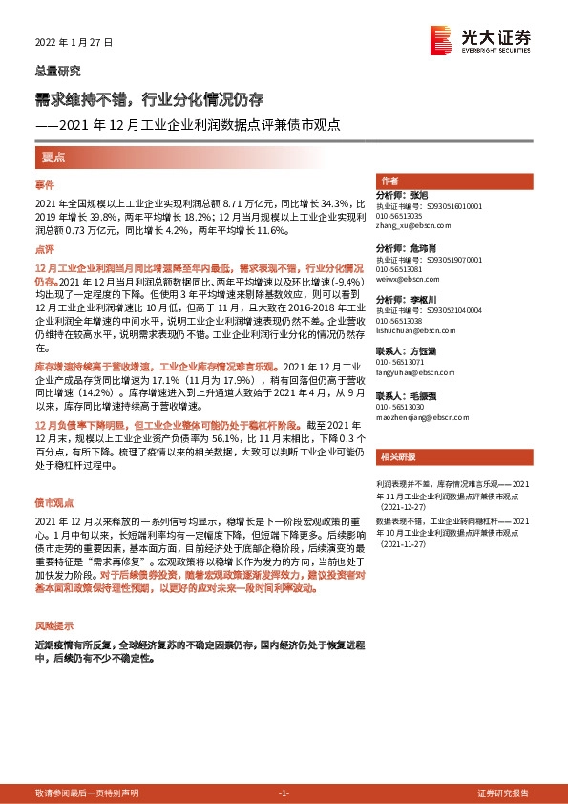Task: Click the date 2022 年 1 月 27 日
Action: point(74,43)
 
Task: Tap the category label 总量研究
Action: point(57,71)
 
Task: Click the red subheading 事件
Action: point(46,184)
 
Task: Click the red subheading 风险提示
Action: point(53,625)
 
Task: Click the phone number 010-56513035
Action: point(401,215)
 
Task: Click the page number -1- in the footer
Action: point(283,793)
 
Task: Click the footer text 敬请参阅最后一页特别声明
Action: point(87,793)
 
